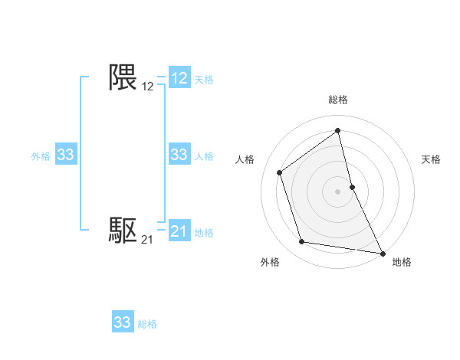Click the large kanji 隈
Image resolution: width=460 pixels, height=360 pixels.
[x=123, y=77]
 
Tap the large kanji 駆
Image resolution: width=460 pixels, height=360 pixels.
[x=123, y=230]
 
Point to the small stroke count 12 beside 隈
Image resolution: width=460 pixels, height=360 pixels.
[x=147, y=87]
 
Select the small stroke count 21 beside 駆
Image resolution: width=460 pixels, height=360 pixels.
[x=147, y=240]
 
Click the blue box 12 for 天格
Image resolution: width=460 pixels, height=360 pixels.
[x=179, y=78]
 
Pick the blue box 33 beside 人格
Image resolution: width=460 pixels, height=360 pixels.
[x=179, y=155]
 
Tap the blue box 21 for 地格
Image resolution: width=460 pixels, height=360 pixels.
[x=179, y=231]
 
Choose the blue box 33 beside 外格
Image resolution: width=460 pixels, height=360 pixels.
[x=66, y=155]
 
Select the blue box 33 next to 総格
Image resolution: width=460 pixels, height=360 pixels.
[x=123, y=322]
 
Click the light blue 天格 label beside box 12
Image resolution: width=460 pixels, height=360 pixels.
[x=204, y=79]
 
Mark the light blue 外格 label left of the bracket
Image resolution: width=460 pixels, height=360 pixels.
[x=41, y=156]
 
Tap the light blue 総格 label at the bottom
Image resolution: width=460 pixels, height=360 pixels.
[x=147, y=324]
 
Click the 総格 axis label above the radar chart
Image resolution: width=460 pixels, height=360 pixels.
[x=338, y=100]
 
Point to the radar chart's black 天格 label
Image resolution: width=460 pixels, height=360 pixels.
[x=431, y=159]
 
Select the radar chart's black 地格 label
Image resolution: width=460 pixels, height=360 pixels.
[x=402, y=262]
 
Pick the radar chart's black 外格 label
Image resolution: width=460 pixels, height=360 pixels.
[x=270, y=262]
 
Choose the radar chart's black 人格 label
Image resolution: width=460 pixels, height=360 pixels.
[x=245, y=159]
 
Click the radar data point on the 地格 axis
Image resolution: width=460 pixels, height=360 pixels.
[x=382, y=252]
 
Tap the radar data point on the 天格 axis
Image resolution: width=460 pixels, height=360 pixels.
[x=352, y=186]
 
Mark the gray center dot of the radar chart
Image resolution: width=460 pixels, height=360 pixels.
[x=337, y=191]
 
